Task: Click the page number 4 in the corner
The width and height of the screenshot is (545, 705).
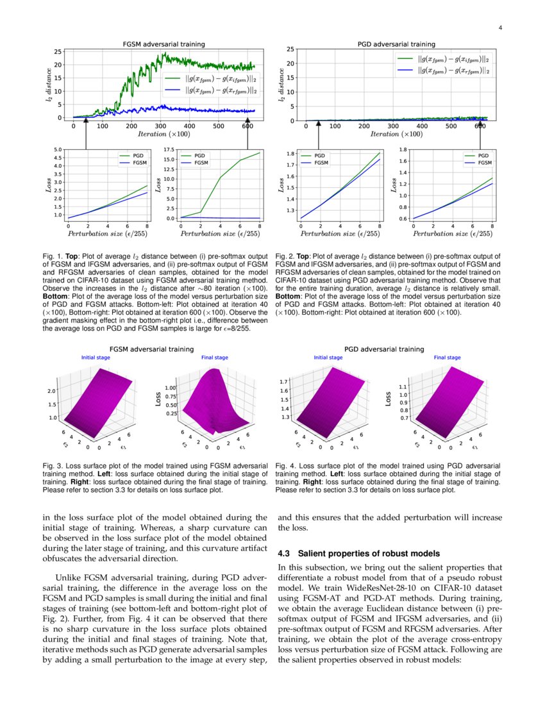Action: click(x=499, y=28)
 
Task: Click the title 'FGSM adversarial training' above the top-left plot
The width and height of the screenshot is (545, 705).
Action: click(x=164, y=44)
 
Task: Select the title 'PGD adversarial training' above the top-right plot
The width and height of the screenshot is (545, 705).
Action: click(x=396, y=44)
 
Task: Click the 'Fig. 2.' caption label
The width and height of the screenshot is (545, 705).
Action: click(x=285, y=255)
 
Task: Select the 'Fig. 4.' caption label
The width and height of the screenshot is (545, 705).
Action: click(x=285, y=466)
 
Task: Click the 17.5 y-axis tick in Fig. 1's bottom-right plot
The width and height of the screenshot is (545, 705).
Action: click(x=170, y=149)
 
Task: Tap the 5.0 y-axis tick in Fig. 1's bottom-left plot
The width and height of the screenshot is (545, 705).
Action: click(x=59, y=149)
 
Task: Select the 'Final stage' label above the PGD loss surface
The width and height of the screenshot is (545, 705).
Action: click(x=447, y=358)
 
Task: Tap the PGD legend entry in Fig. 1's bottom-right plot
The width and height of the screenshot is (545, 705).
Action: click(x=199, y=156)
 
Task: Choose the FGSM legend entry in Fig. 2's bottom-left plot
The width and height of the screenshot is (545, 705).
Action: click(x=319, y=163)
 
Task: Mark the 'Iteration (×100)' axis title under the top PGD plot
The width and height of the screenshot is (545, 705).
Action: click(x=398, y=134)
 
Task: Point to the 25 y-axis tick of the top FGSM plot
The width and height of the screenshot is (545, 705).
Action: click(x=58, y=51)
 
